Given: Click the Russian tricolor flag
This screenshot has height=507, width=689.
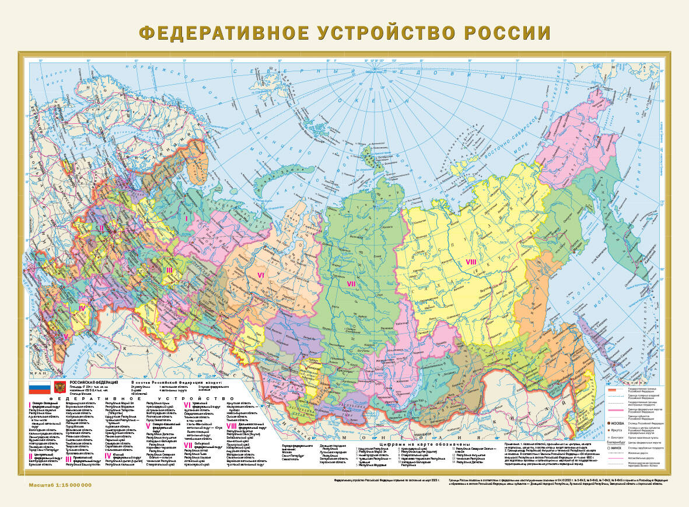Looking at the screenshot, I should pos(40,387).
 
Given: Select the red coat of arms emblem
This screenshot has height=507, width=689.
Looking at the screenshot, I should pos(59,387).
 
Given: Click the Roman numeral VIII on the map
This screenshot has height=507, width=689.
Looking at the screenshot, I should pos(471,262).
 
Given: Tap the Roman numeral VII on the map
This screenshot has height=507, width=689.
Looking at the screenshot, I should pos(351,284).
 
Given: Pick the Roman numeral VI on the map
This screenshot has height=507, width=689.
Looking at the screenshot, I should pos(261,274).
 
